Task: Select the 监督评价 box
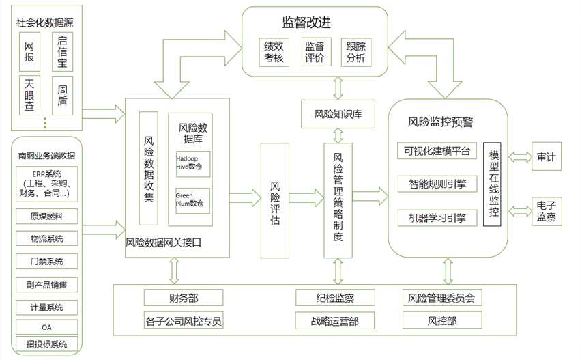315,53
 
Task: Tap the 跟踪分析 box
356,53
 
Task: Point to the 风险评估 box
274,201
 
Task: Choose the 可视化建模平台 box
436,151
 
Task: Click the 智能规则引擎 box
436,183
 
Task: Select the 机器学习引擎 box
436,218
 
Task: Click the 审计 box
546,158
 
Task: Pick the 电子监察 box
546,211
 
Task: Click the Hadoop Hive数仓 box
192,162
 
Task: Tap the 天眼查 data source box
29,94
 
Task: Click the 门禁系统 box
47,261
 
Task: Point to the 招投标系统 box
47,344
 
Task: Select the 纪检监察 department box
335,297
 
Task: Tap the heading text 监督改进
306,22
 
